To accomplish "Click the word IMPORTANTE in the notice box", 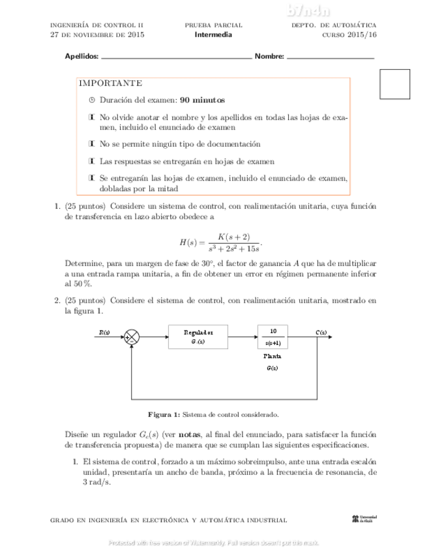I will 110,83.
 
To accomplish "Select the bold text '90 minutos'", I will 202,100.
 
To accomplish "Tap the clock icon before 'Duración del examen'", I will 92,100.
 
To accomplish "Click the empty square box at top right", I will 394,84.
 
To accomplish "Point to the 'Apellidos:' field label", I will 81,57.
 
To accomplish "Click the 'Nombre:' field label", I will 269,57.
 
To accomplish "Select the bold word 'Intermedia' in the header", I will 213,35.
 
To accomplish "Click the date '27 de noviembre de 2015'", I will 98,35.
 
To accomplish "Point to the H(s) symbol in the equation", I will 188,242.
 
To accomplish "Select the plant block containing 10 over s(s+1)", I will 272,336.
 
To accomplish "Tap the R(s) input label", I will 104,332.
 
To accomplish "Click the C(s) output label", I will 321,332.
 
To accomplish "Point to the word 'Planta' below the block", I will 272,356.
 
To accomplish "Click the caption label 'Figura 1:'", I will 164,414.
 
